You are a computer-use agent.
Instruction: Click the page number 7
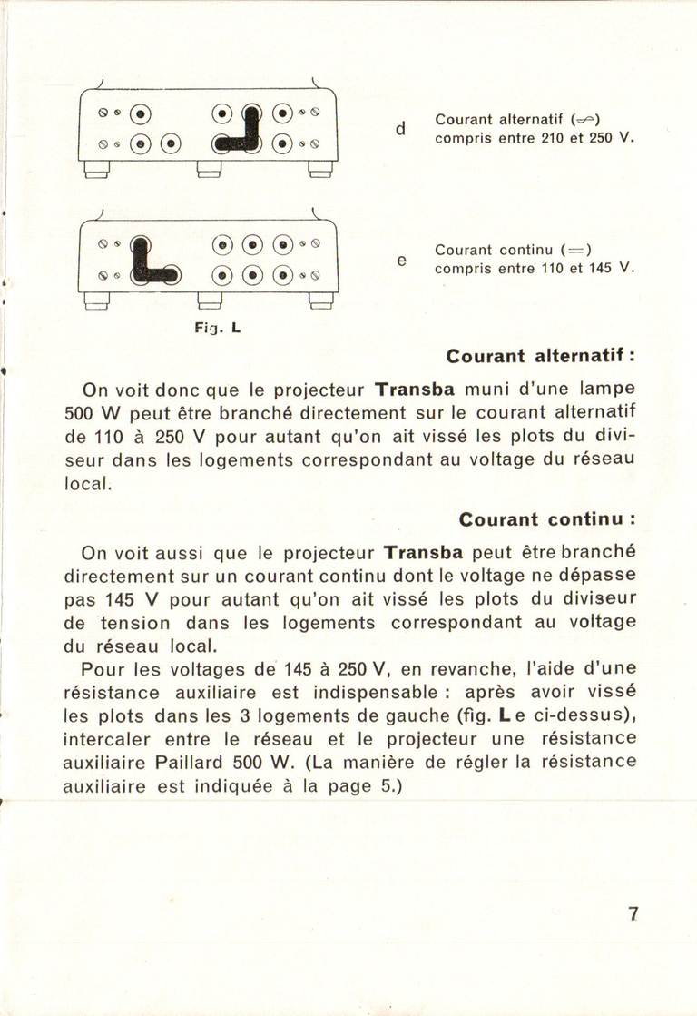click(x=633, y=913)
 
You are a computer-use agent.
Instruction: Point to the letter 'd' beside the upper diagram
click(x=399, y=130)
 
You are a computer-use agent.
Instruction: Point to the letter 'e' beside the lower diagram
click(x=400, y=261)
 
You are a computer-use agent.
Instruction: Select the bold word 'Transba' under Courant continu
click(x=424, y=553)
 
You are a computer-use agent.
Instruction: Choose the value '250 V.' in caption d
click(x=612, y=139)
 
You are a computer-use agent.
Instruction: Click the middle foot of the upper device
click(x=209, y=170)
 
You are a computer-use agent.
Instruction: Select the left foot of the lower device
click(x=96, y=301)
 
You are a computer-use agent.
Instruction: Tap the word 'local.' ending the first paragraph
click(x=88, y=485)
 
